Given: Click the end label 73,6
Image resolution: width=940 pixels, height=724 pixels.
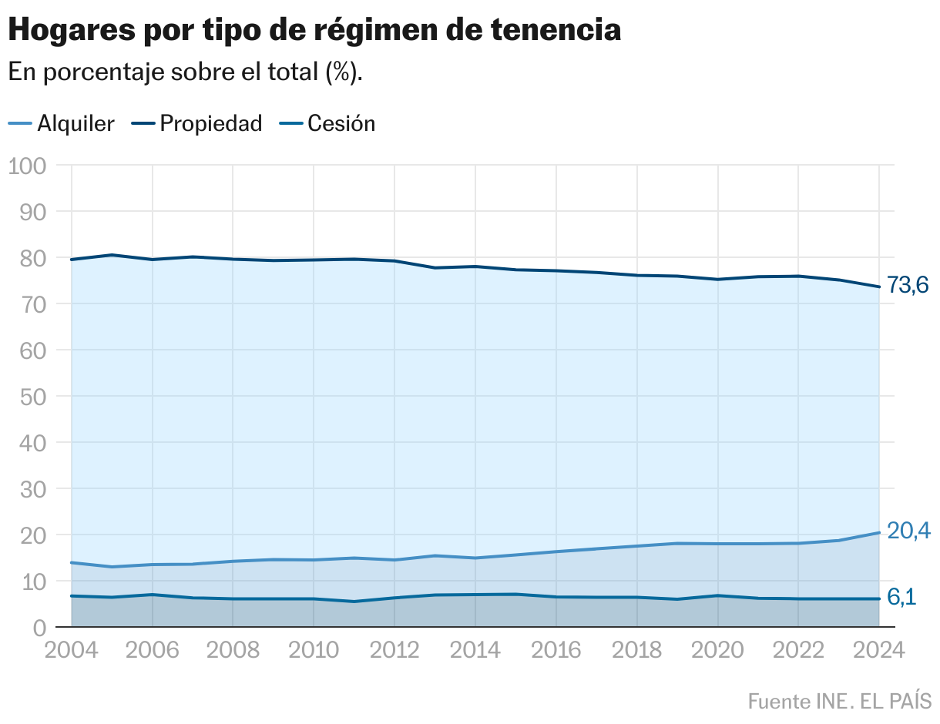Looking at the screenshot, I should pyautogui.click(x=908, y=286).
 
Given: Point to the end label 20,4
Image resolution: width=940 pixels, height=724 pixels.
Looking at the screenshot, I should pyautogui.click(x=908, y=531).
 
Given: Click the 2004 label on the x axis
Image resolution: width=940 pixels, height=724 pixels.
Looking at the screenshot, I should pyautogui.click(x=71, y=650).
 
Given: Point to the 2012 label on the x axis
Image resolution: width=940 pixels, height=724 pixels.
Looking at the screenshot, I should pyautogui.click(x=394, y=650).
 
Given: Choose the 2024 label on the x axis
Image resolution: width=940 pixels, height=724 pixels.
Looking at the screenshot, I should pyautogui.click(x=878, y=650).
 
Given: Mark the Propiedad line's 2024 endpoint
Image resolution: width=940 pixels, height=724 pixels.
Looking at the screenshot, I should pyautogui.click(x=879, y=287).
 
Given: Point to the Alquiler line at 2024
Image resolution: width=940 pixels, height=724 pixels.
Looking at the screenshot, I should pyautogui.click(x=879, y=532).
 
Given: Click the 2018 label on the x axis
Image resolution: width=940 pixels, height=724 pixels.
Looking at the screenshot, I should pyautogui.click(x=636, y=650).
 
